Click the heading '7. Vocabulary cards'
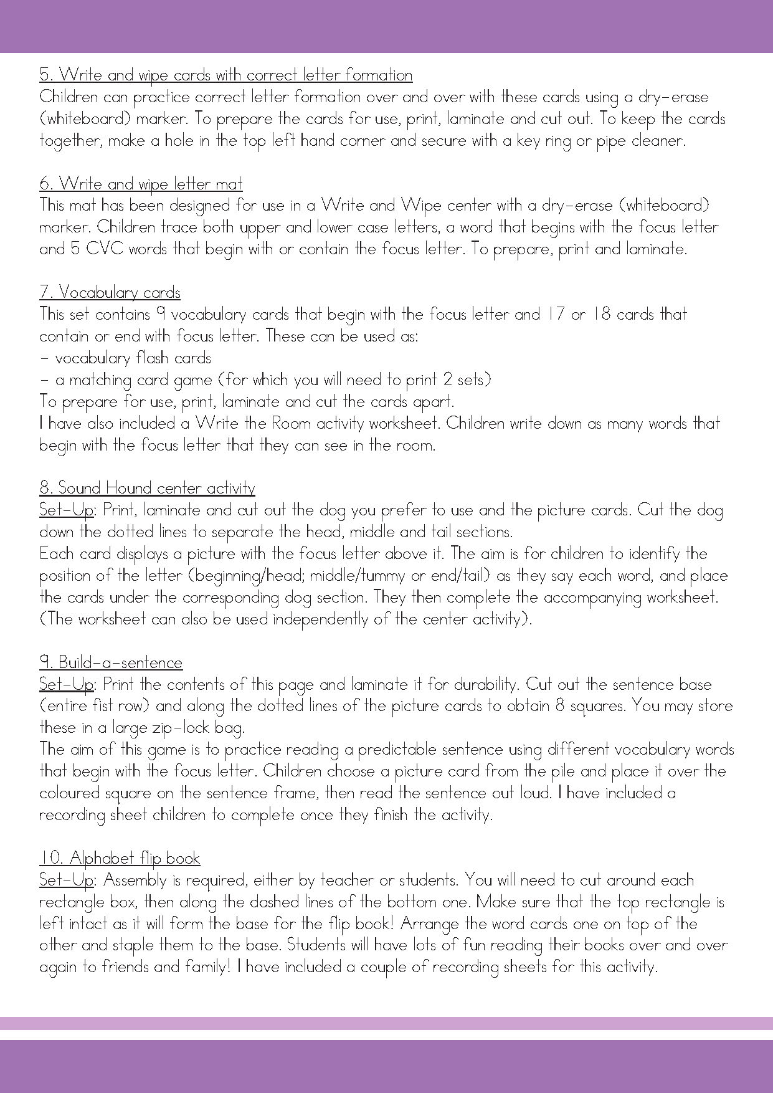[110, 293]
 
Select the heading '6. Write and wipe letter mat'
[141, 184]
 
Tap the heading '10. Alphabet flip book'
[120, 859]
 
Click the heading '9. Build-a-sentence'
[111, 663]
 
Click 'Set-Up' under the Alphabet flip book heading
[65, 881]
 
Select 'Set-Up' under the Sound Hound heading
[65, 510]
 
